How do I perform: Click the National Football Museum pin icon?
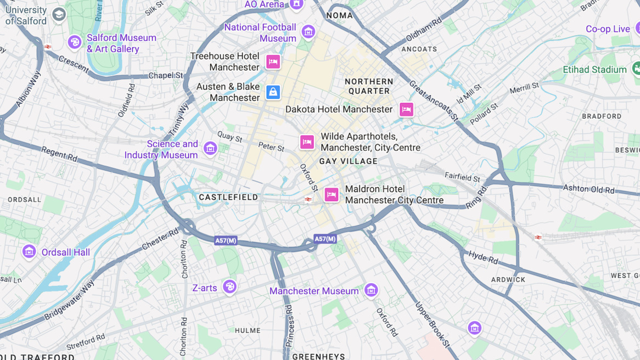308,32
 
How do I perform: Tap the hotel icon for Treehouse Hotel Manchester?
273,61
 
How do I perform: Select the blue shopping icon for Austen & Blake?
273,92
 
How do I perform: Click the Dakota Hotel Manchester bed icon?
406,109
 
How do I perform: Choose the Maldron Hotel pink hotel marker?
331,194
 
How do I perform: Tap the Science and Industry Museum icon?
210,148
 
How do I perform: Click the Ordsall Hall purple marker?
29,252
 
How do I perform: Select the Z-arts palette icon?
229,287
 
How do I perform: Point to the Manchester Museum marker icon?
371,290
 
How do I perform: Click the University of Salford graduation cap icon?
59,15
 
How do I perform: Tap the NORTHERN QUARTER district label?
369,86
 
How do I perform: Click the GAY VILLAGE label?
349,161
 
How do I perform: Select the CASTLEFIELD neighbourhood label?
228,197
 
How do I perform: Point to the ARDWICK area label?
508,279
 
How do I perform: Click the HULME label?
248,330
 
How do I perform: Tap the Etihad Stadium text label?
594,70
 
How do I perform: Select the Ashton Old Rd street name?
588,189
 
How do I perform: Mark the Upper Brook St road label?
432,324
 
